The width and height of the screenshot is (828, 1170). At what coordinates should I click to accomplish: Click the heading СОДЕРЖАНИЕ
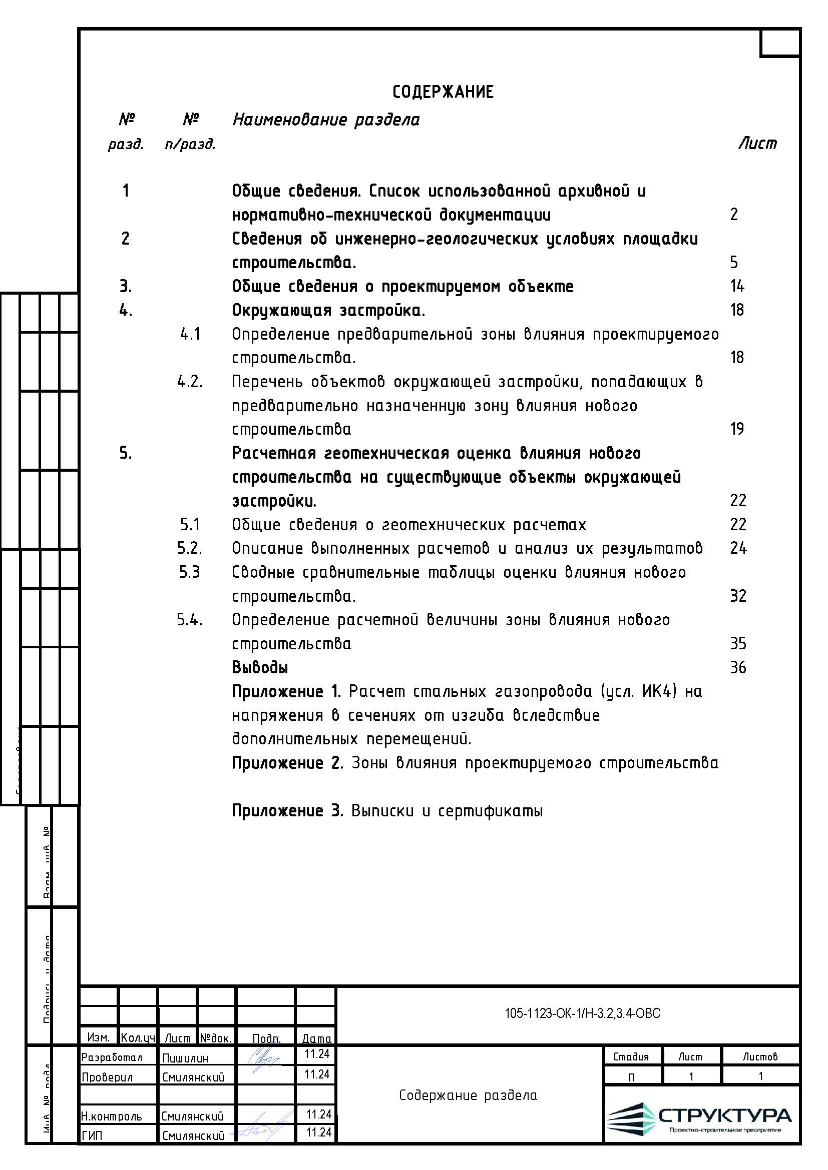pos(443,92)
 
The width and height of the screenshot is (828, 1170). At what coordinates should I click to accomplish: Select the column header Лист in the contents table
pos(757,144)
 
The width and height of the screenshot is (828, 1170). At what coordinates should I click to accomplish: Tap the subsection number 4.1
pos(190,334)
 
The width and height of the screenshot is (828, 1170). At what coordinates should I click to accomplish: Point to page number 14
pos(737,287)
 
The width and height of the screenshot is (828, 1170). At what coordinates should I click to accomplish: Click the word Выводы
pos(260,668)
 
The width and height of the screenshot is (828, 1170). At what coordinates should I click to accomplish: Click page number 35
pos(738,644)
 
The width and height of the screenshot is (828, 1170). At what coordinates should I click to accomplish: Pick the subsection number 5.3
pos(190,572)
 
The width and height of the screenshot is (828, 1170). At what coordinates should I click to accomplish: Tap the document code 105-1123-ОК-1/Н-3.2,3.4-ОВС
pos(582,1013)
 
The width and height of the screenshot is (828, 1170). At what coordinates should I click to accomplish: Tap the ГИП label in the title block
pos(92,1135)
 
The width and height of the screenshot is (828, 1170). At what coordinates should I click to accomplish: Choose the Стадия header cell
pos(631,1057)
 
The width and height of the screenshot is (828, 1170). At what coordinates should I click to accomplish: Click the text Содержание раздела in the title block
pos(468,1095)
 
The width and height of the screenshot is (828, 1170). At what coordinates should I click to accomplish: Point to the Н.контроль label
pos(111,1116)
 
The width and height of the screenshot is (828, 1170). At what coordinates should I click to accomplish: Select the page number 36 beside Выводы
pos(738,668)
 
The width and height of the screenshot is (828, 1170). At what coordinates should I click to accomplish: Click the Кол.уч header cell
pos(138,1038)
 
